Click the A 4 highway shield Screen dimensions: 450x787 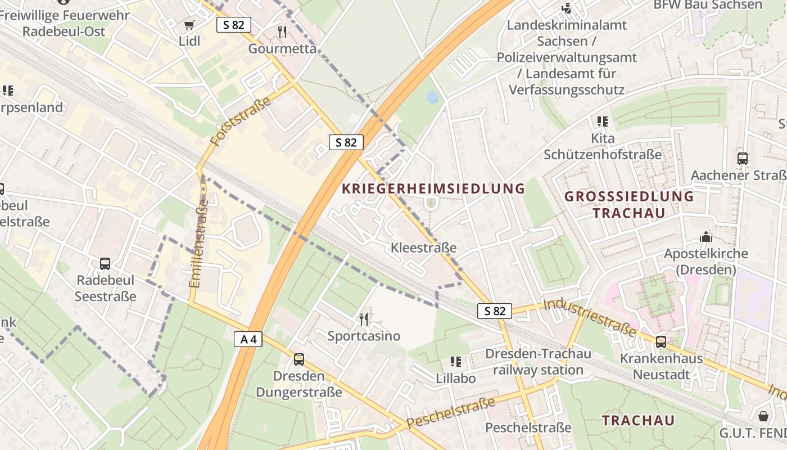[x=248, y=339]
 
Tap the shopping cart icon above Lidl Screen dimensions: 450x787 [x=189, y=25]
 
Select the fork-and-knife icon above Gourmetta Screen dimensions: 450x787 [x=282, y=31]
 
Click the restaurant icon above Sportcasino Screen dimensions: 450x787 [x=364, y=319]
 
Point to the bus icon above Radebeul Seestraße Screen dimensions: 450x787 [x=105, y=263]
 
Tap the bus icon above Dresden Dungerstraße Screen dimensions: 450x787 [x=299, y=359]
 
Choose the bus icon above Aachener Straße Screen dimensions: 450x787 [x=743, y=159]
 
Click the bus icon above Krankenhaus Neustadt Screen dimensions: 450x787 [x=661, y=341]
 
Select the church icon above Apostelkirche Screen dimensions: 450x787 [x=706, y=237]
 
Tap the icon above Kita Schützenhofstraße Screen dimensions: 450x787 [x=603, y=121]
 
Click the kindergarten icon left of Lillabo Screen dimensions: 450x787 [x=455, y=361]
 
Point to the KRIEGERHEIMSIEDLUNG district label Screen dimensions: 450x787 [x=433, y=188]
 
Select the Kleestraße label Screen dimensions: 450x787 [x=423, y=247]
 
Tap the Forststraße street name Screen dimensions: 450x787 [x=241, y=121]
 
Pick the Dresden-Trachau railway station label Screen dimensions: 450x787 [x=538, y=362]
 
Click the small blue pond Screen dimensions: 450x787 [x=433, y=97]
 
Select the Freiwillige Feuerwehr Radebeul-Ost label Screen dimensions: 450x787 [x=64, y=23]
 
